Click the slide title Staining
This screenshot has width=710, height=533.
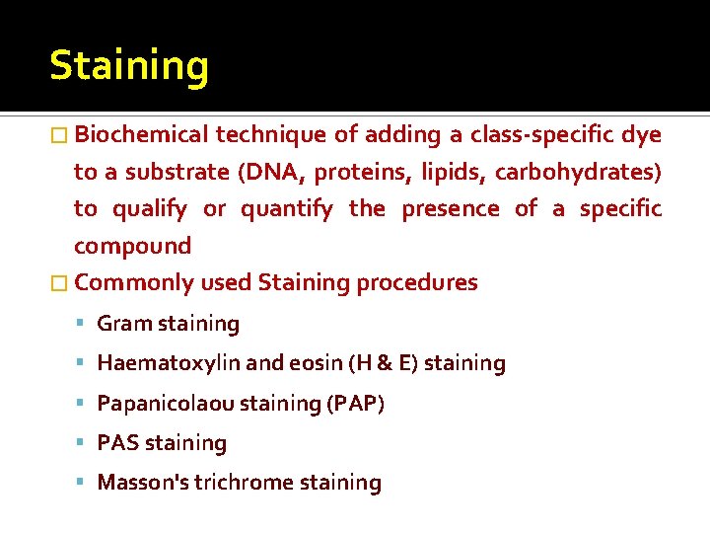129,67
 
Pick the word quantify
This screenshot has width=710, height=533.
287,208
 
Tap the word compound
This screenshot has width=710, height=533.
132,246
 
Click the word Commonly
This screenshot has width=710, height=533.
133,283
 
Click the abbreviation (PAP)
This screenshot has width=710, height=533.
354,404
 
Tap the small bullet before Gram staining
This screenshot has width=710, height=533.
82,324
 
